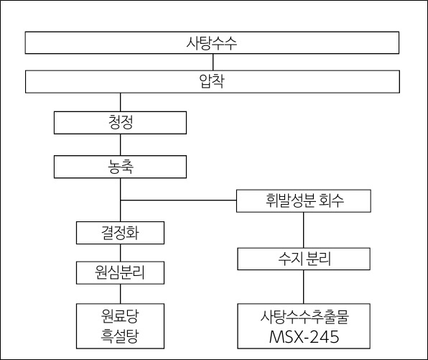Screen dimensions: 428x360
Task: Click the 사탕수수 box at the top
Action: point(212,42)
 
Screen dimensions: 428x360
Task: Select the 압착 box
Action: point(213,81)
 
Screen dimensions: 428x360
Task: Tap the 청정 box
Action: point(120,122)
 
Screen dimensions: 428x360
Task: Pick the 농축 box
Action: point(120,167)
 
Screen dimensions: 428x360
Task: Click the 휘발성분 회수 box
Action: point(304,200)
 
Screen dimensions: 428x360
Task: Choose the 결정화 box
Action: point(120,233)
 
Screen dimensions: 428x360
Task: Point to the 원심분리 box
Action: point(120,272)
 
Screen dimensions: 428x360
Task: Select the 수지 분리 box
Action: point(304,259)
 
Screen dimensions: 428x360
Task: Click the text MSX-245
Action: point(304,336)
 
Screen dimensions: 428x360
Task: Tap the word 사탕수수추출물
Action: point(304,317)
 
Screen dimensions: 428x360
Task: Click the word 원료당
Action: point(120,315)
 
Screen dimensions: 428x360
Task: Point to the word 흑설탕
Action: point(120,336)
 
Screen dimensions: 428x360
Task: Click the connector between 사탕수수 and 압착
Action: point(213,62)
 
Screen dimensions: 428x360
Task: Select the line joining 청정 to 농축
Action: point(121,144)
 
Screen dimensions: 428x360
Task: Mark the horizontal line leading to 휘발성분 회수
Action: point(179,200)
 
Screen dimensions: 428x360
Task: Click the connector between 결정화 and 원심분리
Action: point(121,253)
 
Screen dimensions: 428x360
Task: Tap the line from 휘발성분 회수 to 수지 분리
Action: point(304,230)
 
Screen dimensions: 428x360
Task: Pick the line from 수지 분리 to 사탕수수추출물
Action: point(304,287)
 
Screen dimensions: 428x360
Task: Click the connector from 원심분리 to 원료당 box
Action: point(121,294)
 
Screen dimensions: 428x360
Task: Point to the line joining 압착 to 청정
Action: point(121,102)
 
